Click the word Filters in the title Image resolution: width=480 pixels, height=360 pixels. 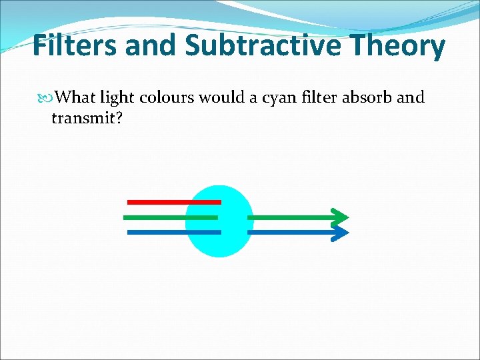coord(73,46)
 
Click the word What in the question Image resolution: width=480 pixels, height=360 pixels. coord(75,97)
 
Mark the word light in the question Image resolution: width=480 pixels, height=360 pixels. coord(118,98)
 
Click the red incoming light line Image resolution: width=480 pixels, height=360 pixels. coord(173,201)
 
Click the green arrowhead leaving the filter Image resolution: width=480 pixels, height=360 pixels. coord(340,217)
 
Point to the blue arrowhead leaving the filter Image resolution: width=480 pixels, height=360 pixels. coord(340,232)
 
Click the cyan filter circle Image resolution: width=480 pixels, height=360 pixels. coord(219,244)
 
